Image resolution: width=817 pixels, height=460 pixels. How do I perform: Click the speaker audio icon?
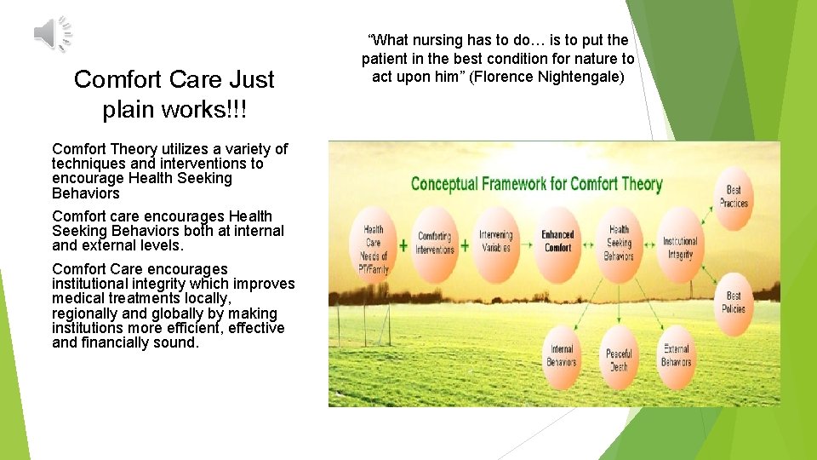click(x=52, y=34)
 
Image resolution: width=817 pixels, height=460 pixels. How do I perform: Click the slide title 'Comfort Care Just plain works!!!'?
click(x=174, y=94)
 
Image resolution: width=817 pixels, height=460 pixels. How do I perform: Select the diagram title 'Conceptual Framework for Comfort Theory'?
click(x=536, y=183)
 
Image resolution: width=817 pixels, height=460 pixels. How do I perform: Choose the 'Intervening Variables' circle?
click(x=495, y=241)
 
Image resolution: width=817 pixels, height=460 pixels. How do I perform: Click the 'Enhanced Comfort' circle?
click(x=557, y=241)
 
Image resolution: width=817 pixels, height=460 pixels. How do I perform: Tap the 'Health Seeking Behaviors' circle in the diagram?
click(x=619, y=242)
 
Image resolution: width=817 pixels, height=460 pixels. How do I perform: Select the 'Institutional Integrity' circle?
click(x=679, y=247)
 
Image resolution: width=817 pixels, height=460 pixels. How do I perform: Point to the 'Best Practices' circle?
click(x=733, y=197)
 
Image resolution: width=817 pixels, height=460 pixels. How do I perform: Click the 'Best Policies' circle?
click(x=733, y=302)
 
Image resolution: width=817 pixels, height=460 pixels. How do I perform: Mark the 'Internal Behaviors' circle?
click(x=561, y=355)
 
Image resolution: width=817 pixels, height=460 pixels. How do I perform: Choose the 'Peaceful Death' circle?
click(x=619, y=359)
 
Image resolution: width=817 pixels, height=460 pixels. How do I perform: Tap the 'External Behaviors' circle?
click(x=676, y=355)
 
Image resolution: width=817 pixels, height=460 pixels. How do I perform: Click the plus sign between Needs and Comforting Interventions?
click(x=403, y=244)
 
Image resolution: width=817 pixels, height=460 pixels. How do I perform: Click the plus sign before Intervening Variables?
click(x=465, y=245)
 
